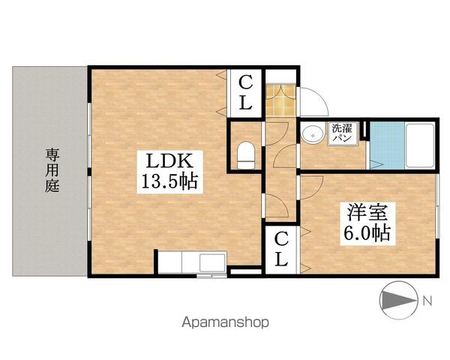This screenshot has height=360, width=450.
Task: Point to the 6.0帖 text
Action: point(366,232)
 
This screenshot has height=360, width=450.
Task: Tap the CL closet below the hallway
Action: point(280,249)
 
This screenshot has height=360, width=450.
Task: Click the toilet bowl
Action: point(245,155)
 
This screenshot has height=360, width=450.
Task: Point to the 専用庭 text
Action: point(52,170)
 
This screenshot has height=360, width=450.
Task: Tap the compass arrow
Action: point(395,301)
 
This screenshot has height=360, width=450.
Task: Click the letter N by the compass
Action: point(426,301)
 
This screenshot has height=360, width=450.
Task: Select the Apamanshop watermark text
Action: point(224,323)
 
